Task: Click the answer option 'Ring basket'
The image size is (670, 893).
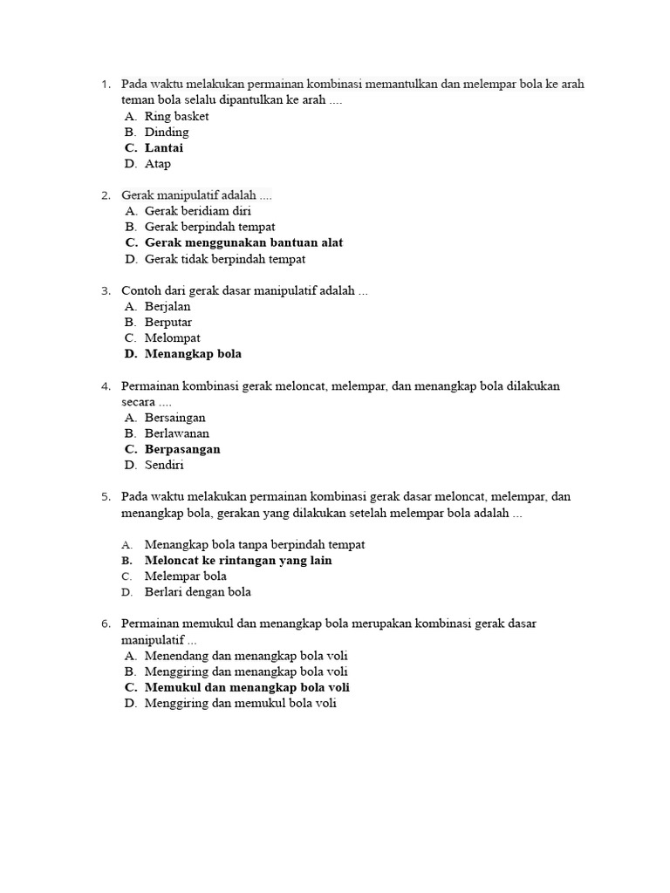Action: click(176, 116)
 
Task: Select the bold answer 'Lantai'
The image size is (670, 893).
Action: click(164, 148)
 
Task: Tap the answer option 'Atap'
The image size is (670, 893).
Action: click(158, 164)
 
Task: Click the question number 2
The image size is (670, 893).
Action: click(105, 195)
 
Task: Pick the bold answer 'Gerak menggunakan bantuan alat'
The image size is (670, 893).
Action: click(243, 242)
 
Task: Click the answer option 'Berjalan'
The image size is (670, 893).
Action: click(167, 307)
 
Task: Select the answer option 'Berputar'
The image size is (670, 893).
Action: click(168, 323)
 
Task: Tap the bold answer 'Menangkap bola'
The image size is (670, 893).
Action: click(193, 354)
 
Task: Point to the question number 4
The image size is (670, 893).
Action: click(105, 386)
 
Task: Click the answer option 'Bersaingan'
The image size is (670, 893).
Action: click(175, 418)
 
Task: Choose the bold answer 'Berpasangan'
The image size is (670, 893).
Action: click(182, 450)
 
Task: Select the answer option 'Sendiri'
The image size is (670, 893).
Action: click(164, 466)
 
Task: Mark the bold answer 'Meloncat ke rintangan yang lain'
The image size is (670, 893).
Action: click(238, 561)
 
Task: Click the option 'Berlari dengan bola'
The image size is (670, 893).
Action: click(198, 592)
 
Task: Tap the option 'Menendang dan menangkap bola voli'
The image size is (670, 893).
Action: click(246, 656)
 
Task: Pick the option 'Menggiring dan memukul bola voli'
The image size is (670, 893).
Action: click(240, 704)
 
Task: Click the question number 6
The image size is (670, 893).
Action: click(105, 624)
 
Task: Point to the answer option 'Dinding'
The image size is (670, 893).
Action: click(167, 133)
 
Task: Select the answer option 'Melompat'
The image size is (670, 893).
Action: click(173, 338)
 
